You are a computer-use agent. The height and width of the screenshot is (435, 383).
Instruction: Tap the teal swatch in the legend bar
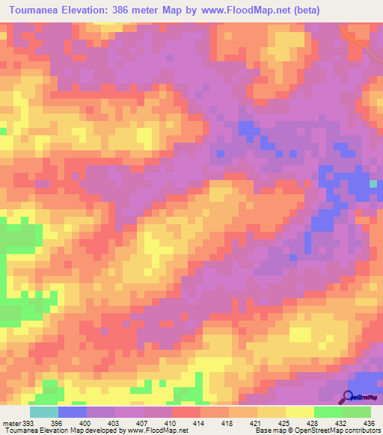tap(43, 413)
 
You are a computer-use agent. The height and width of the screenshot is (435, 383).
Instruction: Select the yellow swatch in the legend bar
tap(299, 413)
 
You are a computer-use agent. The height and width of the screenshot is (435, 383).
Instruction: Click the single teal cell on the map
tap(373, 184)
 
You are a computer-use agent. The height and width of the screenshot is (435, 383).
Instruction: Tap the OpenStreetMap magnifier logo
tap(348, 397)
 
